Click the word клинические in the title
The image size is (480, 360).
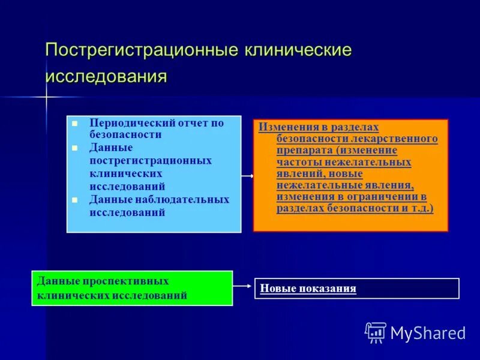coord(297,50)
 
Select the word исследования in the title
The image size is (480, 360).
coord(106,77)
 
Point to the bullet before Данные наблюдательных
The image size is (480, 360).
coord(75,200)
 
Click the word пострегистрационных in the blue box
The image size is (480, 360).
coord(151,161)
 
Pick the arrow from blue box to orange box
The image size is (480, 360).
coord(247,176)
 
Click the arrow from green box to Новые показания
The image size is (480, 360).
coord(243,286)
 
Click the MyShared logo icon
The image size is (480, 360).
coord(376,332)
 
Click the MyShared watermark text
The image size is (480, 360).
coord(428,333)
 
